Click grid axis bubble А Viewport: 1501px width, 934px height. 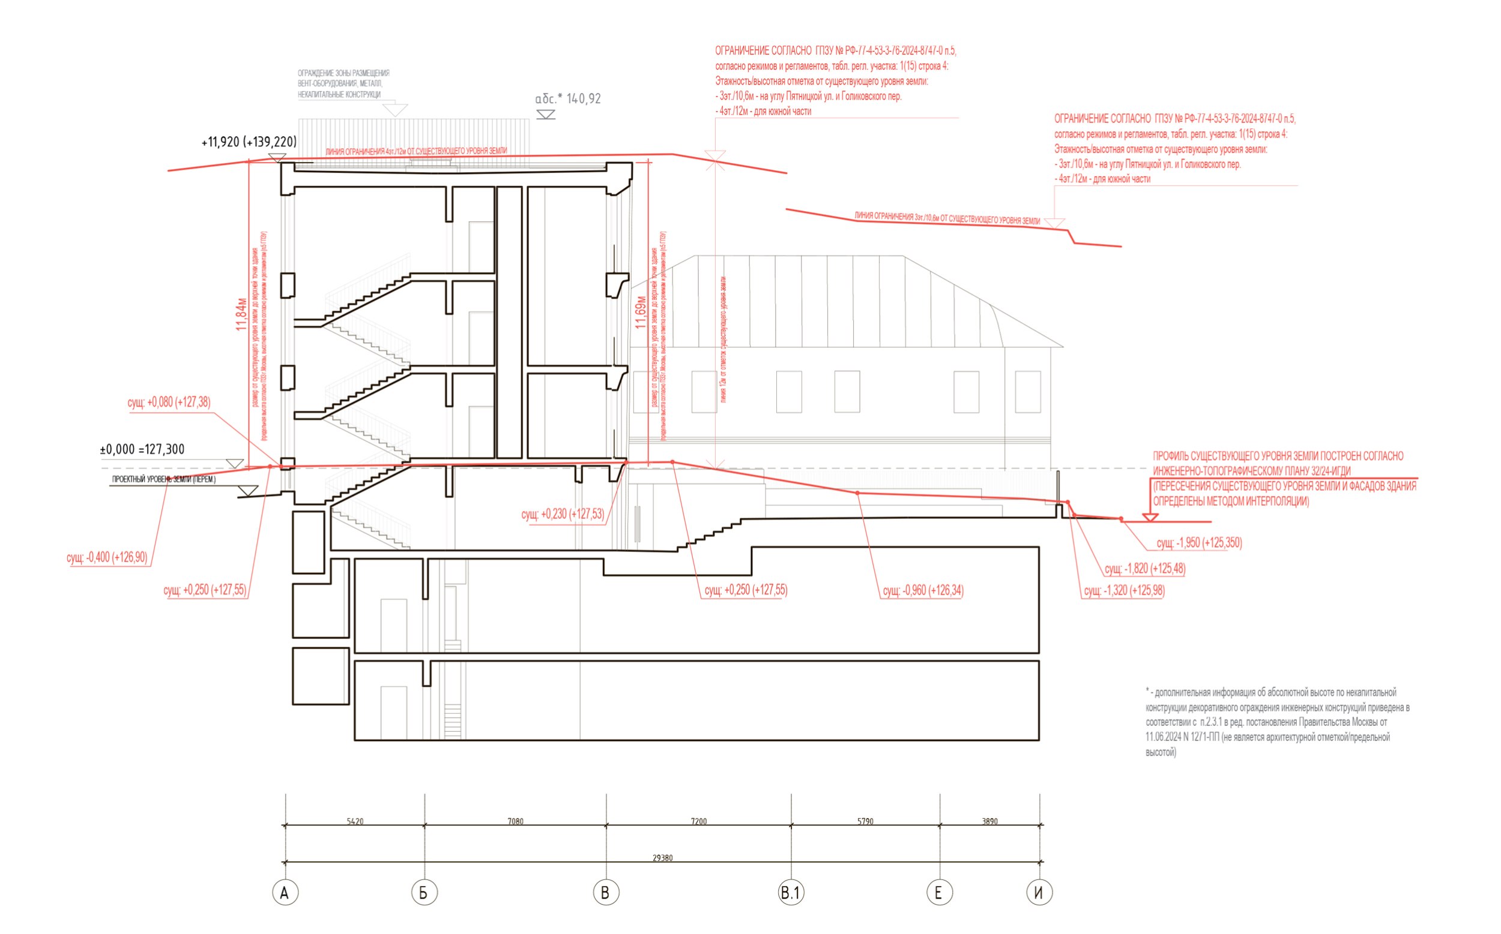pos(285,893)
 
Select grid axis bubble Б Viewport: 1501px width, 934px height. pos(424,893)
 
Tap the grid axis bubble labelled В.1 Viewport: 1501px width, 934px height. pos(791,893)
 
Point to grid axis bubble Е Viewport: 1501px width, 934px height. pos(939,893)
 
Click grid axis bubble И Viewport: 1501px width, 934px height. pos(1039,893)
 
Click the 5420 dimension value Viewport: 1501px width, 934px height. pos(355,821)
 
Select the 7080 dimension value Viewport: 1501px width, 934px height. pos(515,821)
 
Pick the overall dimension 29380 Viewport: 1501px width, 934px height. pos(662,857)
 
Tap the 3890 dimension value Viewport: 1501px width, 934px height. pos(989,821)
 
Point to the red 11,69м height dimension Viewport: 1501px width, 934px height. pos(641,312)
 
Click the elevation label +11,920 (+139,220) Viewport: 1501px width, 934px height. pos(249,142)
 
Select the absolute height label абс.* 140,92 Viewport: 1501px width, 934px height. pos(567,99)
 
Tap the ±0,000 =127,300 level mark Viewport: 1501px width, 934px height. pos(142,450)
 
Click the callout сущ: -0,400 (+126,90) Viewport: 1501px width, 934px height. pos(107,557)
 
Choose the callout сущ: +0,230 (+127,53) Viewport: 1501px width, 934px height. pos(563,514)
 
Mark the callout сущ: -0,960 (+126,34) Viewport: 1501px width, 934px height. pos(922,590)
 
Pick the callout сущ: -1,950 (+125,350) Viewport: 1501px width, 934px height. pos(1198,543)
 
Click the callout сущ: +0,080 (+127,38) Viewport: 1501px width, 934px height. pos(169,402)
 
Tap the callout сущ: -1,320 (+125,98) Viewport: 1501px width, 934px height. pos(1124,590)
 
